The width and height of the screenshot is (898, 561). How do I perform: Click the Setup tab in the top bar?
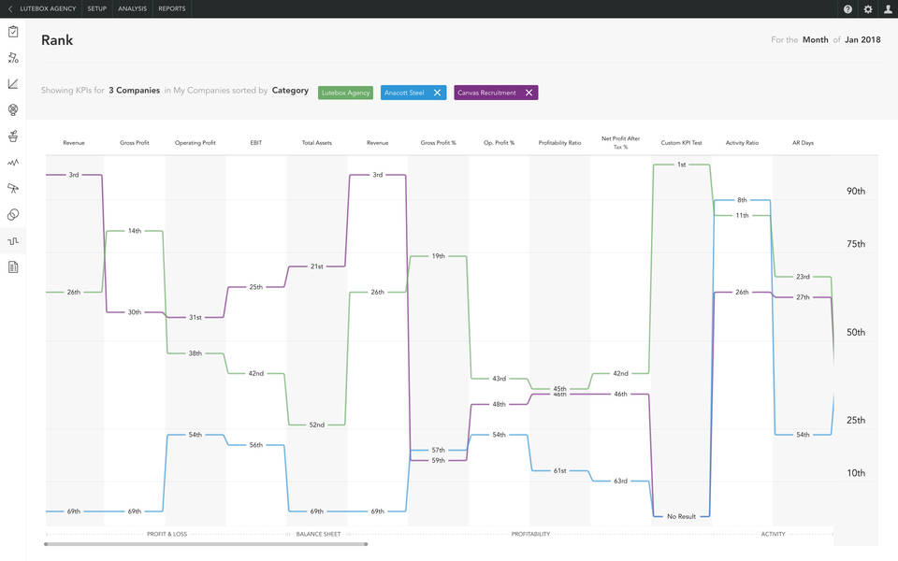pyautogui.click(x=96, y=8)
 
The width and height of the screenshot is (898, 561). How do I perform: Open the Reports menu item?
pyautogui.click(x=171, y=8)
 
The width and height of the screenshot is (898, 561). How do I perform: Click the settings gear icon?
pyautogui.click(x=868, y=9)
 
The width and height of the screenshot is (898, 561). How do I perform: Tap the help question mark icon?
pyautogui.click(x=847, y=9)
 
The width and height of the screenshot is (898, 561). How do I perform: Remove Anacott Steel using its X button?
pyautogui.click(x=437, y=93)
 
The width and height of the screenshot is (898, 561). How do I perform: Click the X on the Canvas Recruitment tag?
pyautogui.click(x=529, y=93)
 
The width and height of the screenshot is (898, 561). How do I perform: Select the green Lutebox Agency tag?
pyautogui.click(x=345, y=93)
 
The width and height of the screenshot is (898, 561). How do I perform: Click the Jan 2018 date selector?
pyautogui.click(x=862, y=40)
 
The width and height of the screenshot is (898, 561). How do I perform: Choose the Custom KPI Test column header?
pyautogui.click(x=681, y=143)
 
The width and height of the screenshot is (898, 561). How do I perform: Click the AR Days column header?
pyautogui.click(x=803, y=143)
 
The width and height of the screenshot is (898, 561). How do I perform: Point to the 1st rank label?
pyautogui.click(x=682, y=165)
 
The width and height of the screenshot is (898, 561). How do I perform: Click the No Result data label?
pyautogui.click(x=681, y=516)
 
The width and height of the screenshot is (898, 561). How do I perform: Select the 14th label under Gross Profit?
pyautogui.click(x=135, y=231)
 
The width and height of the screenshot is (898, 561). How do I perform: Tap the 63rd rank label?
pyautogui.click(x=620, y=482)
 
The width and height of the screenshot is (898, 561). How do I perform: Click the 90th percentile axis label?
pyautogui.click(x=856, y=191)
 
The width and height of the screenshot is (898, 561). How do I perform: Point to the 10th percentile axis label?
pyautogui.click(x=856, y=473)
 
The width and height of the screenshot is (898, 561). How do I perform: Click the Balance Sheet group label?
pyautogui.click(x=318, y=534)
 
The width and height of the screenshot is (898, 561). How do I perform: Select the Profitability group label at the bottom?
pyautogui.click(x=530, y=534)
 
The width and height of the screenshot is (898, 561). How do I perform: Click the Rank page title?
pyautogui.click(x=57, y=40)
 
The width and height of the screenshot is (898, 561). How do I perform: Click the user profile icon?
pyautogui.click(x=888, y=9)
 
